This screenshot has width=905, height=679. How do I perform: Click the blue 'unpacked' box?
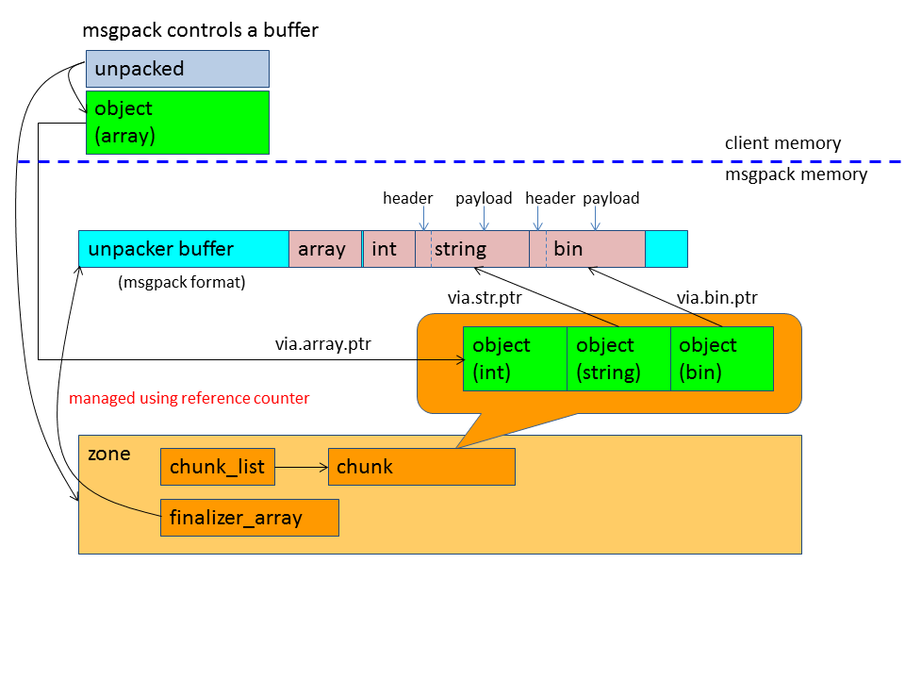(177, 69)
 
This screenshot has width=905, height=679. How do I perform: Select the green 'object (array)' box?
(177, 122)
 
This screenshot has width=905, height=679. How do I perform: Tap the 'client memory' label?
(782, 143)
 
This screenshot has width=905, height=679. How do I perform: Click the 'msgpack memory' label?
(796, 174)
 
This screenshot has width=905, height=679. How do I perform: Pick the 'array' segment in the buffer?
(324, 249)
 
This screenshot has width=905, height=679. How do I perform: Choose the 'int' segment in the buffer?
(387, 249)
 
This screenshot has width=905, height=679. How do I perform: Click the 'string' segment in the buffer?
(471, 249)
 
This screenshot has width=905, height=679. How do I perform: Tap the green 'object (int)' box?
(514, 358)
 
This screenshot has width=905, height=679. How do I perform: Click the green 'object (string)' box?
(617, 358)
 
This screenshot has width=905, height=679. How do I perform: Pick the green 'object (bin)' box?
(721, 358)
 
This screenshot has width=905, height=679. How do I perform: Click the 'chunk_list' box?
(218, 467)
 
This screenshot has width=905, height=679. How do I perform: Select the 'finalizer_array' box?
(249, 518)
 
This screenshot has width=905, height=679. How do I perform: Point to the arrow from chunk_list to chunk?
(301, 467)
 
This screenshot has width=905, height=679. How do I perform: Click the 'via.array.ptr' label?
(322, 344)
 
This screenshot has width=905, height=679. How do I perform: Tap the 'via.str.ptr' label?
(485, 299)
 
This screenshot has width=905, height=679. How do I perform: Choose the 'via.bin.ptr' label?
(716, 299)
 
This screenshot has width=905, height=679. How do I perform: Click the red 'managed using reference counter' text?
(189, 398)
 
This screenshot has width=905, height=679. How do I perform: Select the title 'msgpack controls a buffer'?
(200, 30)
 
